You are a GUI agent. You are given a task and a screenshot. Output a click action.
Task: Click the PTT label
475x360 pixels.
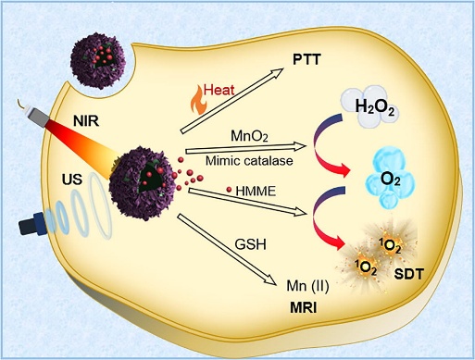click(x=306, y=59)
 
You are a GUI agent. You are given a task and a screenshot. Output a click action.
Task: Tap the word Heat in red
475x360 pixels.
click(x=219, y=90)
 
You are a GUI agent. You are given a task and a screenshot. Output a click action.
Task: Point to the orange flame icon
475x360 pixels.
click(x=196, y=101)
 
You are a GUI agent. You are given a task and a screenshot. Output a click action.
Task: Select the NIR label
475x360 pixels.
click(x=86, y=121)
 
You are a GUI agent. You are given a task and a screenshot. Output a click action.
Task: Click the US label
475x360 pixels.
click(x=72, y=180)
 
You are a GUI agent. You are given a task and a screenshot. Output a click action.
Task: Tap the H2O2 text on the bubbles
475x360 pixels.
click(x=375, y=107)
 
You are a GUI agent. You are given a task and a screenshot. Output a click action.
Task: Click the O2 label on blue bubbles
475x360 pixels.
click(x=391, y=180)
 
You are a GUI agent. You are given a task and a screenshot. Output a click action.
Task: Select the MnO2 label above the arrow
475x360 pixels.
click(x=249, y=136)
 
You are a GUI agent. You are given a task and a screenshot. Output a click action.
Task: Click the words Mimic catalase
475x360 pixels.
click(x=249, y=160)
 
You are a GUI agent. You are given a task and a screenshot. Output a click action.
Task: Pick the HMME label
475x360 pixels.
click(x=256, y=192)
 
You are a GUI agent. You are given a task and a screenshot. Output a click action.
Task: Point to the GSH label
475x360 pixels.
click(x=250, y=244)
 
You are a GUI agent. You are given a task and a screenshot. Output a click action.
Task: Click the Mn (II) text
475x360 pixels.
click(x=307, y=286)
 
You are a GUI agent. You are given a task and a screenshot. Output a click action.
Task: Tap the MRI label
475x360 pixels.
click(x=304, y=308)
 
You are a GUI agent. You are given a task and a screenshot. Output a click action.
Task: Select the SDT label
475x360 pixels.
click(x=409, y=274)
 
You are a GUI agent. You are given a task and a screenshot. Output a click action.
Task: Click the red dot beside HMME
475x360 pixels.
click(x=229, y=190)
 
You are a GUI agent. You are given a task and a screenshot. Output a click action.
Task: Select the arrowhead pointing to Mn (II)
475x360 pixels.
click(x=269, y=279)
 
